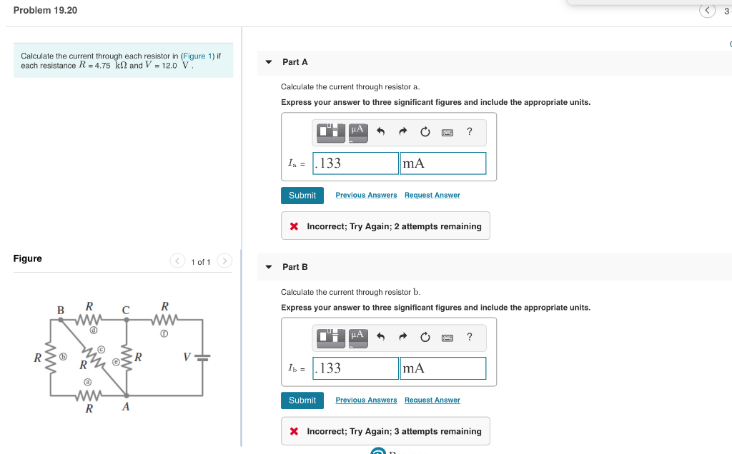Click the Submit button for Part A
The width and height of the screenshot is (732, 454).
[x=302, y=195]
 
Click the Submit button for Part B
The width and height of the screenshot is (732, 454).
[x=302, y=400]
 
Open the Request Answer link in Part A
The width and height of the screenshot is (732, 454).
[x=432, y=195]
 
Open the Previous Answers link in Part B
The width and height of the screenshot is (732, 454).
[x=366, y=400]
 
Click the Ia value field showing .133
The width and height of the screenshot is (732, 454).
[x=355, y=163]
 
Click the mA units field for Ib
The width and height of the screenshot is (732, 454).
[x=442, y=368]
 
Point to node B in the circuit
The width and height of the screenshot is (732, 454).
[x=61, y=310]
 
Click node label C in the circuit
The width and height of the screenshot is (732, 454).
[x=126, y=310]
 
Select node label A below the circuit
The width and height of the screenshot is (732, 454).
[x=126, y=407]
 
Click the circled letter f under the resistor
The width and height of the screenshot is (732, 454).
[x=164, y=333]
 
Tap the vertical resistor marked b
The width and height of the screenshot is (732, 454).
[x=50, y=357]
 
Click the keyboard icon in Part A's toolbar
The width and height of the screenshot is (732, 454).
[x=447, y=132]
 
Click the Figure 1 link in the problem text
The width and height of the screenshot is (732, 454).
[x=194, y=56]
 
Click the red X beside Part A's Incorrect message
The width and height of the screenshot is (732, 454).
[x=294, y=226]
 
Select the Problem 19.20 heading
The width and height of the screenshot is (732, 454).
[x=45, y=10]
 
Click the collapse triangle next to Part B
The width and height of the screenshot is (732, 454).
[x=269, y=267]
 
